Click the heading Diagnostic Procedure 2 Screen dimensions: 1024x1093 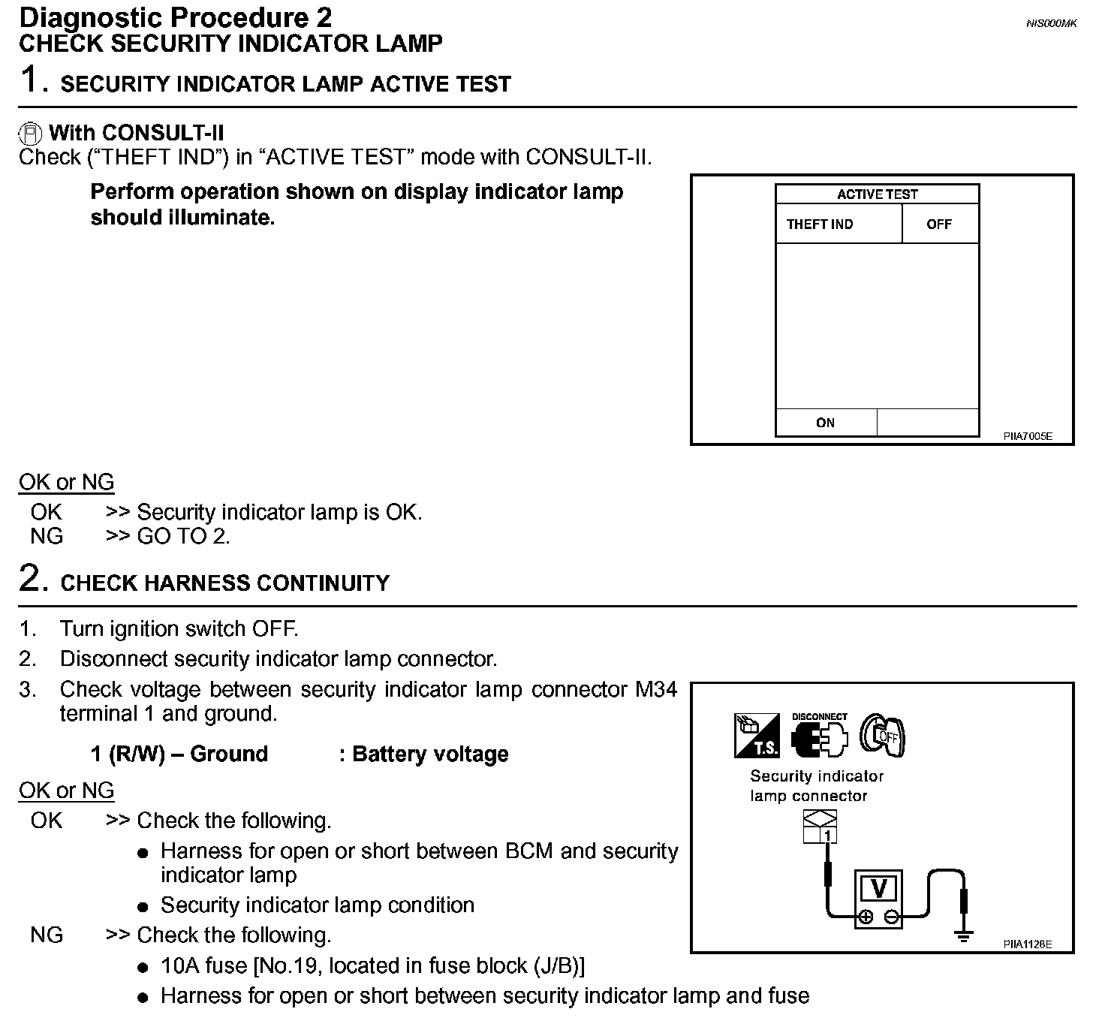pyautogui.click(x=175, y=17)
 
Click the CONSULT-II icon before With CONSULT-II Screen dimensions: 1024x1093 pyautogui.click(x=31, y=134)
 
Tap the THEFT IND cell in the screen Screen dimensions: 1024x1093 pyautogui.click(x=820, y=224)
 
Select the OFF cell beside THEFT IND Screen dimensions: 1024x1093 pyautogui.click(x=939, y=224)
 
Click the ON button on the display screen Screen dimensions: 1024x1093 pyautogui.click(x=825, y=423)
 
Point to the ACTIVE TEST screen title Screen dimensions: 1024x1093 pyautogui.click(x=877, y=194)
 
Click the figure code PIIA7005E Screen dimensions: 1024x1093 pyautogui.click(x=1028, y=435)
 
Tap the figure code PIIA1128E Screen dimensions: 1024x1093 pyautogui.click(x=1028, y=944)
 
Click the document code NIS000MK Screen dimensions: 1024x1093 pyautogui.click(x=1051, y=24)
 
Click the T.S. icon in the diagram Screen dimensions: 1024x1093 pyautogui.click(x=757, y=736)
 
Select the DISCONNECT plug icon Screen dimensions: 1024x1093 pyautogui.click(x=819, y=736)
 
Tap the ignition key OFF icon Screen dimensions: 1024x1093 pyautogui.click(x=883, y=735)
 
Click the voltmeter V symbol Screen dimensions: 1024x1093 pyautogui.click(x=878, y=889)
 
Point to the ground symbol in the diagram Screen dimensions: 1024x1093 pyautogui.click(x=964, y=935)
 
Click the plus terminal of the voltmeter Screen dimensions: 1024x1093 pyautogui.click(x=866, y=917)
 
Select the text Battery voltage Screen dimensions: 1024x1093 pyautogui.click(x=430, y=754)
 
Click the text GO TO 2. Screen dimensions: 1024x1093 pyautogui.click(x=183, y=536)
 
